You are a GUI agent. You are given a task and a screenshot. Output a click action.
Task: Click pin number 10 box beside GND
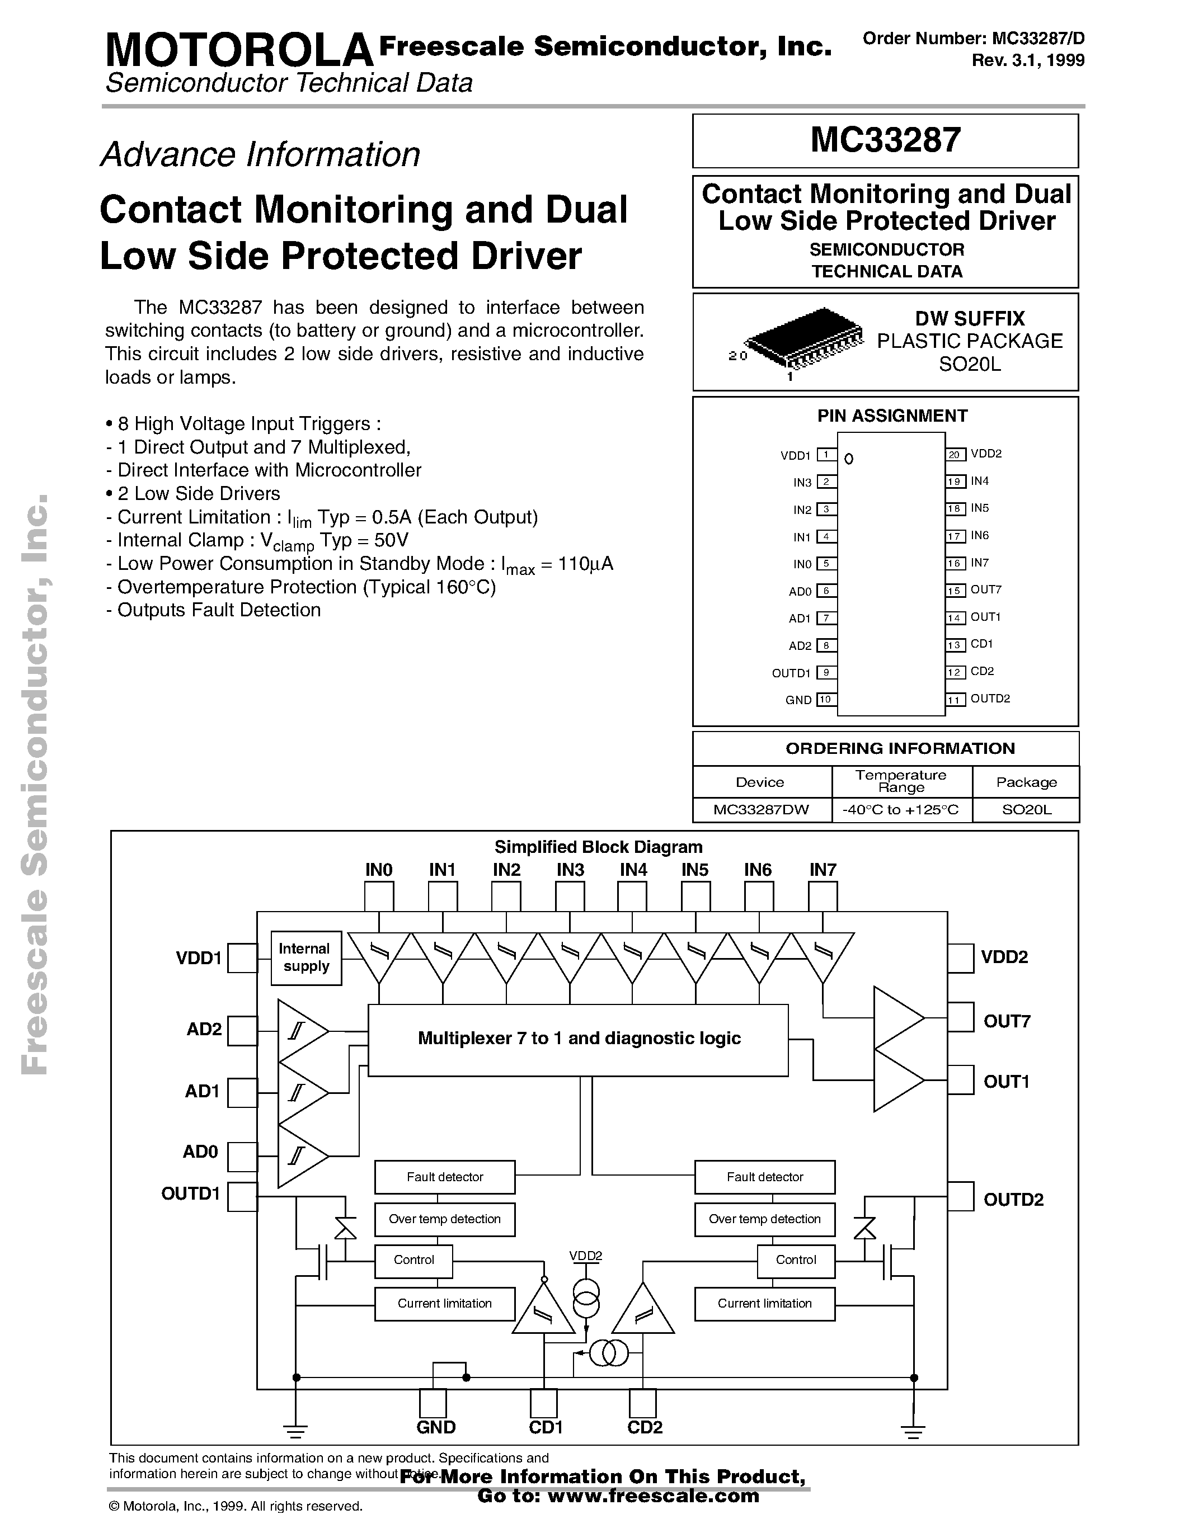coord(825,699)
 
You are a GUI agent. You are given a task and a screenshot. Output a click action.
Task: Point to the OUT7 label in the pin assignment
coord(985,589)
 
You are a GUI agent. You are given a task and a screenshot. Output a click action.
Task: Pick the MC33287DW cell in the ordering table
coord(761,810)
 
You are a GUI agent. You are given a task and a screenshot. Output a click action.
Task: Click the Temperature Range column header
coord(901,781)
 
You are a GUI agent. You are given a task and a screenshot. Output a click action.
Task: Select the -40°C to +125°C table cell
coord(901,810)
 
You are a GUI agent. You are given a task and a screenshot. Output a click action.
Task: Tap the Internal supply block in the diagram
coord(306,957)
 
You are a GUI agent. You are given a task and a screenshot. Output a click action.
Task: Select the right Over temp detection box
coord(764,1219)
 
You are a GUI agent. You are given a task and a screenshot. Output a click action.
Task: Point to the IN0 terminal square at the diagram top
coord(379,897)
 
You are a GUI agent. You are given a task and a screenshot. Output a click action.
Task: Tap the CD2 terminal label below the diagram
coord(645,1427)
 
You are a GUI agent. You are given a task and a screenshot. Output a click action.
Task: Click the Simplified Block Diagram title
coord(598,847)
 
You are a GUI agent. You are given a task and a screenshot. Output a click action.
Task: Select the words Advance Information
coord(261,155)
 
